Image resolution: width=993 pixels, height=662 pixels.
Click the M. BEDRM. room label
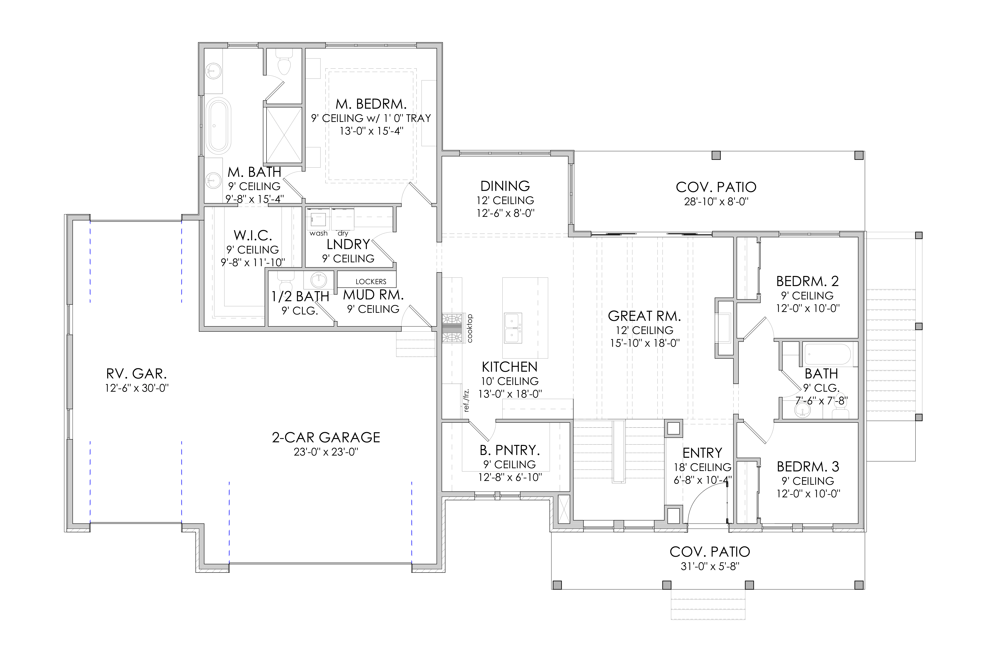(371, 104)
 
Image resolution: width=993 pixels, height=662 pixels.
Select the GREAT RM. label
(644, 316)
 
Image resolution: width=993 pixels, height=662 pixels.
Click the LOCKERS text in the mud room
(371, 282)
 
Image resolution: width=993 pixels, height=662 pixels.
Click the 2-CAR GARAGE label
(326, 437)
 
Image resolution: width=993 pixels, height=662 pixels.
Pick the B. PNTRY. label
(510, 450)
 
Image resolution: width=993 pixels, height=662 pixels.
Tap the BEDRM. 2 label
(807, 281)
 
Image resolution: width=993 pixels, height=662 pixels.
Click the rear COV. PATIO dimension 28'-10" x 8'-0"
(716, 202)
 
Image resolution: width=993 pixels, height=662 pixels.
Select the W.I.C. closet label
(253, 235)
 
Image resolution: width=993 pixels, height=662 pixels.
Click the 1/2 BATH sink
(318, 280)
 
